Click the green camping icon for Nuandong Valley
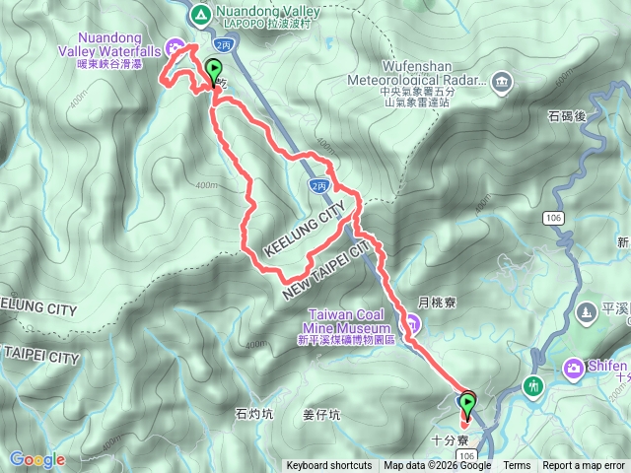coord(200,14)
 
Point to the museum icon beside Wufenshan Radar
coord(502,80)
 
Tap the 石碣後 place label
coord(566,116)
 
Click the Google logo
coord(36,459)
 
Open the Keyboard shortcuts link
coord(329,466)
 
